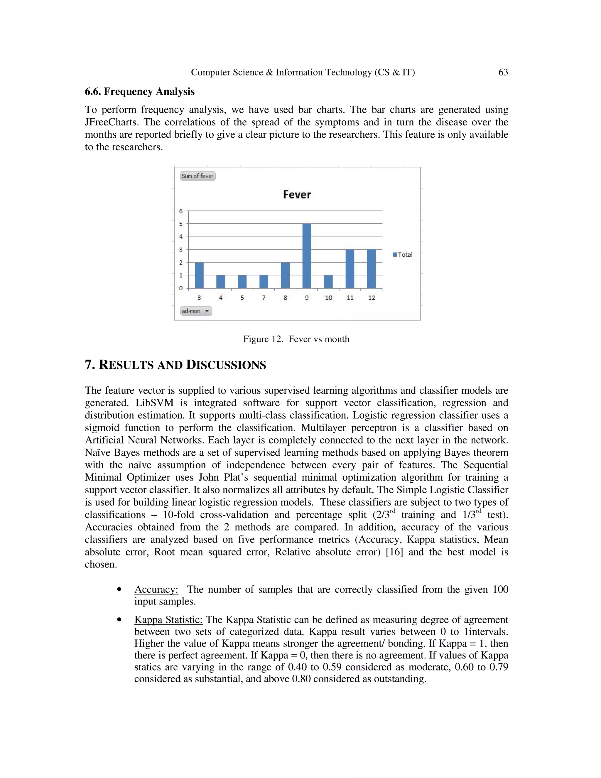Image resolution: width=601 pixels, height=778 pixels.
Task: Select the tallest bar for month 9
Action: pyautogui.click(x=307, y=256)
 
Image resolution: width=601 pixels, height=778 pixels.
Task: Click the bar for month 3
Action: pyautogui.click(x=199, y=275)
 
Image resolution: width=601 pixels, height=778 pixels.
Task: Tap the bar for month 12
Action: pyautogui.click(x=371, y=269)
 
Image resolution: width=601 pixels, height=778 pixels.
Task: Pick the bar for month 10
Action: pyautogui.click(x=328, y=282)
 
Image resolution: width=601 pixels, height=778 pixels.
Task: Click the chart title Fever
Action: pyautogui.click(x=297, y=194)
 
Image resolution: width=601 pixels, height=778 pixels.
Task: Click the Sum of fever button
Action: pyautogui.click(x=197, y=176)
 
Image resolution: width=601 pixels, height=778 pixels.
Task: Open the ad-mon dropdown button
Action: pyautogui.click(x=196, y=311)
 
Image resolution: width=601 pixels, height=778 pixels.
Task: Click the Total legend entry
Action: pyautogui.click(x=403, y=255)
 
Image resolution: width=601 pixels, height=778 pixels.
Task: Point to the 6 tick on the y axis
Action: pyautogui.click(x=181, y=211)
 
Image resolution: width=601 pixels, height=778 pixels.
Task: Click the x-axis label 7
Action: pyautogui.click(x=264, y=298)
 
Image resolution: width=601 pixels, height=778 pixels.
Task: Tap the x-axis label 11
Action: pyautogui.click(x=350, y=298)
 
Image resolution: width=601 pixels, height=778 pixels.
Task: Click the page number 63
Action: pyautogui.click(x=503, y=72)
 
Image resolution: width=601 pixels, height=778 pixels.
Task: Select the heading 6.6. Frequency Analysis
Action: pyautogui.click(x=140, y=92)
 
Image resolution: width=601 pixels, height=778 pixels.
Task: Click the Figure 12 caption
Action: pyautogui.click(x=296, y=339)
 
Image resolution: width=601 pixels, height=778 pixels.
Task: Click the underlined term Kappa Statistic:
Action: pyautogui.click(x=168, y=619)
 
